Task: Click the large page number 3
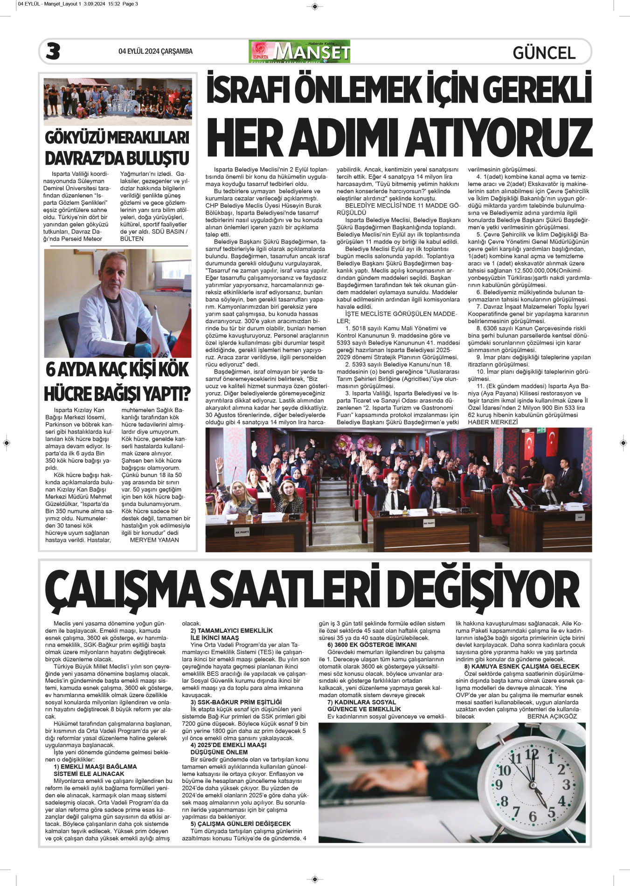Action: click(x=53, y=51)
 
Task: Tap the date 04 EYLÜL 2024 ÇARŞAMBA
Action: click(x=155, y=51)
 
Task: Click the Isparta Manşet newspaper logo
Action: click(x=299, y=51)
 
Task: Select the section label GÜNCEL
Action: click(x=544, y=53)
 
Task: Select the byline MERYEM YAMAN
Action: click(x=154, y=540)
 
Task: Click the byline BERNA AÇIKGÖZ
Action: click(x=552, y=716)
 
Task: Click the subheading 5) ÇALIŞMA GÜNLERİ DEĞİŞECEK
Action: click(x=241, y=824)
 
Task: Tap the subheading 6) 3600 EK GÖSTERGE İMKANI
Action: click(x=372, y=645)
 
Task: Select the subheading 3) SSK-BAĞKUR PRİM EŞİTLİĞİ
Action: click(x=236, y=702)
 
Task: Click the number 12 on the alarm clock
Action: click(x=532, y=754)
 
